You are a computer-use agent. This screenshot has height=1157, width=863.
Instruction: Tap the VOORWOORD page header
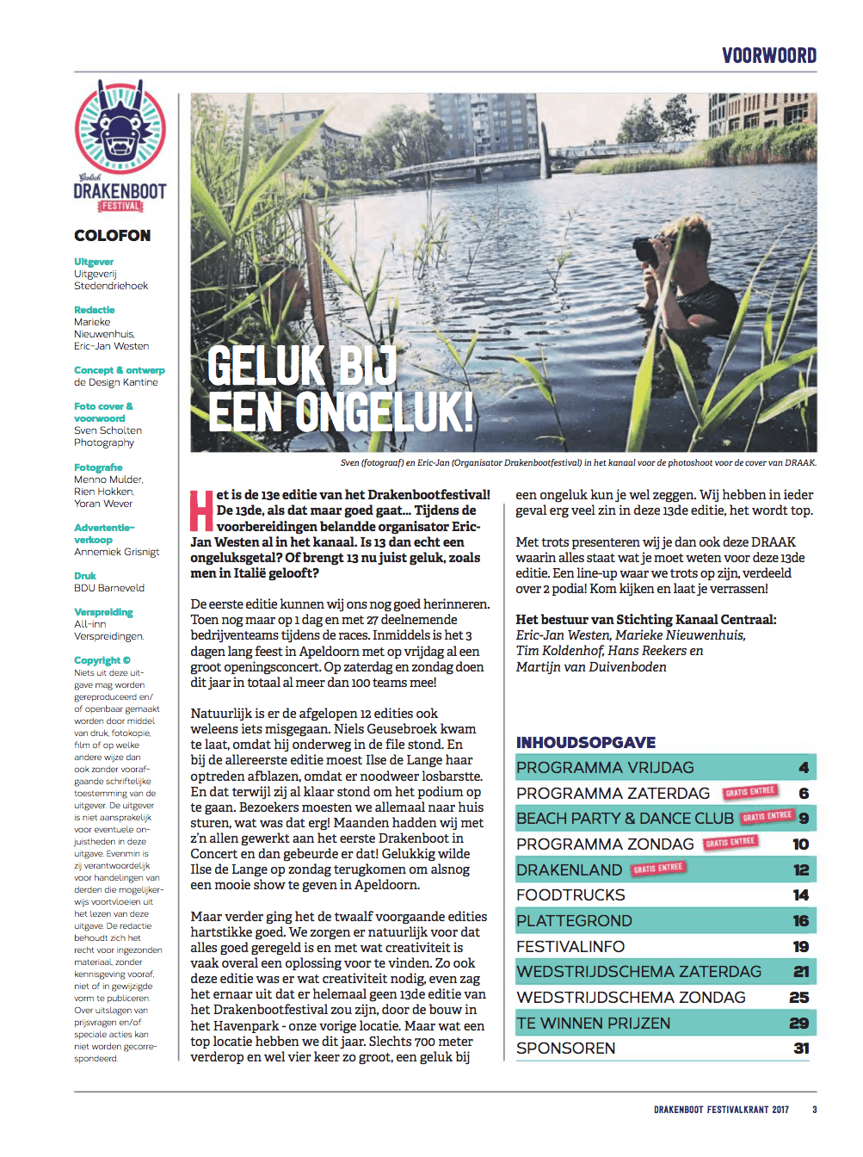point(769,56)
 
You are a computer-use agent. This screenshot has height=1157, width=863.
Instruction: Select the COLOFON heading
point(112,236)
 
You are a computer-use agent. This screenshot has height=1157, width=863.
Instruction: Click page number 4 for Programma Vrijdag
point(804,768)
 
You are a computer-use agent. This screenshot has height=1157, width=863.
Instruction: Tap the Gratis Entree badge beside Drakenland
point(658,869)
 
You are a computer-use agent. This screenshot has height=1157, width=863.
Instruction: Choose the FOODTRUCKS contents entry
point(570,895)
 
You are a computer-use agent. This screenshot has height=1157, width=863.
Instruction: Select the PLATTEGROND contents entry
point(574,921)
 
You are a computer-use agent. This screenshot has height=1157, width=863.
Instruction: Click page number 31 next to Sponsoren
point(801,1049)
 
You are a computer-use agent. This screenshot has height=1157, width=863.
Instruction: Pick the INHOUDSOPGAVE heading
point(586,742)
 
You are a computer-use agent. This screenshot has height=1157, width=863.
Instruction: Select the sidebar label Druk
point(85,576)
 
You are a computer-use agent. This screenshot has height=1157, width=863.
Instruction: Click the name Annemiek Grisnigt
point(116,552)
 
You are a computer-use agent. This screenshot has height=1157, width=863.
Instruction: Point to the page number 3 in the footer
point(814,1110)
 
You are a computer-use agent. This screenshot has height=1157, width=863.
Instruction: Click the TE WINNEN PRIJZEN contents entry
point(593,1024)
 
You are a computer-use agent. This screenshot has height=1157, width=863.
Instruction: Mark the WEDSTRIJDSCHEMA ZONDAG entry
point(631,998)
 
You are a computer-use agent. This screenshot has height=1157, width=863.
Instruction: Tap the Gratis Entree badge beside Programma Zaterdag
point(750,791)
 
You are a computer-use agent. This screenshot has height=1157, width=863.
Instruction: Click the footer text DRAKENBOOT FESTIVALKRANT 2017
point(721,1110)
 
